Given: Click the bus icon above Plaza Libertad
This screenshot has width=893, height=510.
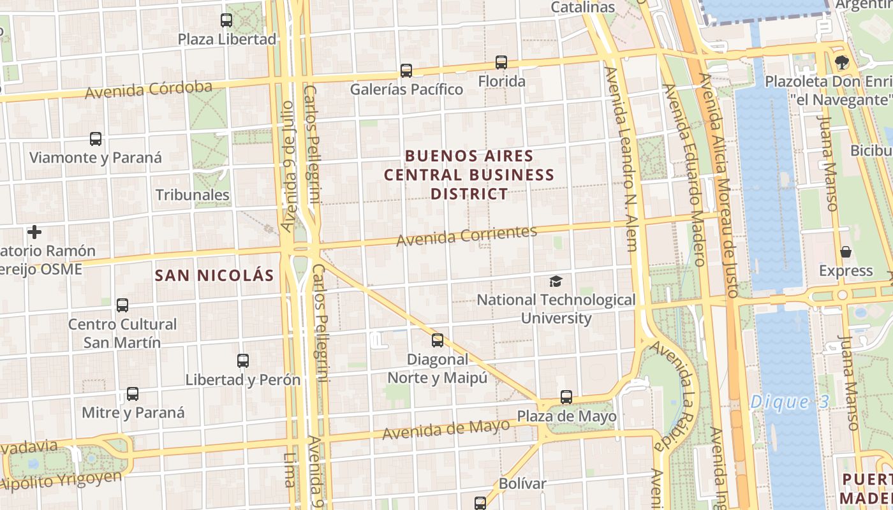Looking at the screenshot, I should click(226, 20).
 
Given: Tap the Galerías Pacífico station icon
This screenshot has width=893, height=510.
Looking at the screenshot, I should click(406, 70).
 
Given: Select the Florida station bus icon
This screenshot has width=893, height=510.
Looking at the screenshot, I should click(501, 62).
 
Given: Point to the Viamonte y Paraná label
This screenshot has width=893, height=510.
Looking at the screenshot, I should click(96, 157).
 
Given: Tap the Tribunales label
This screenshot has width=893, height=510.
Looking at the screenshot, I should click(192, 195).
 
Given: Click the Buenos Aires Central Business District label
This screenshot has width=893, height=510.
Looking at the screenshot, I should click(469, 175).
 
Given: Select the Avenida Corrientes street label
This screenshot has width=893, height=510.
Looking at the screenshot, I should click(466, 236).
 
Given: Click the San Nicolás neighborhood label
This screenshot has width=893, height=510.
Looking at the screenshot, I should click(215, 275).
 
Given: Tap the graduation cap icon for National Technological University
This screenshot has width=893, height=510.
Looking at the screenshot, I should click(556, 281).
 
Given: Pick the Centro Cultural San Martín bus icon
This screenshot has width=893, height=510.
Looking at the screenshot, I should click(122, 305).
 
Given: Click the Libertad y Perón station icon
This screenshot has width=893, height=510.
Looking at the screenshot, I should click(243, 361).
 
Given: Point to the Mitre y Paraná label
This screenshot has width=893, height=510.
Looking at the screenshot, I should click(133, 412).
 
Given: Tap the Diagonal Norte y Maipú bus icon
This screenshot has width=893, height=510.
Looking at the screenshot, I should click(438, 340).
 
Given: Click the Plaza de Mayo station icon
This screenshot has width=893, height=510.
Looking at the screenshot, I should click(566, 397).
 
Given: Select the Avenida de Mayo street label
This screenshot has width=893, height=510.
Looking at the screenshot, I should click(446, 430).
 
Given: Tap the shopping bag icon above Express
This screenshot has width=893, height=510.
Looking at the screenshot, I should click(846, 252).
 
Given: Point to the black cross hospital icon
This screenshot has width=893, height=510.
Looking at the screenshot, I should click(34, 232).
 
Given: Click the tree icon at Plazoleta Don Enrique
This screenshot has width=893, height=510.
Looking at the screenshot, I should click(842, 62).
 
